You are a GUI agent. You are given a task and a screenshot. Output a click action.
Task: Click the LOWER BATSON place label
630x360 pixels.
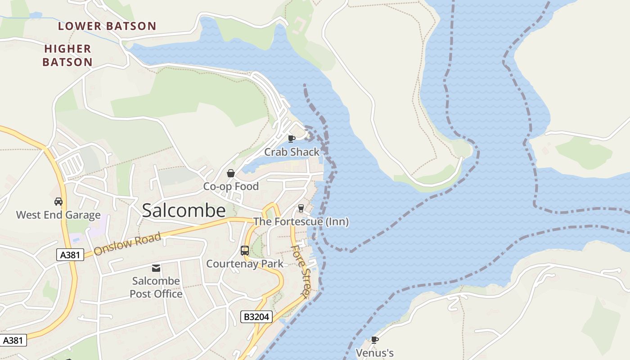(x=107, y=26)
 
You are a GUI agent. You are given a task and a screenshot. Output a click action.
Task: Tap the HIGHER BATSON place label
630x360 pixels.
(x=67, y=55)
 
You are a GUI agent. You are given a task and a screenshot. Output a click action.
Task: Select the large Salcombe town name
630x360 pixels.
(x=184, y=211)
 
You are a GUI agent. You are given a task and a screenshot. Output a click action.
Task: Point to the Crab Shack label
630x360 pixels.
(x=292, y=152)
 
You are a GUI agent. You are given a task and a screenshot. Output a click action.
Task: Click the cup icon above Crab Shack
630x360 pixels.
(x=291, y=139)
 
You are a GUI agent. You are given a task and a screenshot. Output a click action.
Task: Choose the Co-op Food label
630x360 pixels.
(x=231, y=186)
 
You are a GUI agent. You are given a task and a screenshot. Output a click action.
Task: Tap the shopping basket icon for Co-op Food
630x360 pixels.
(x=231, y=173)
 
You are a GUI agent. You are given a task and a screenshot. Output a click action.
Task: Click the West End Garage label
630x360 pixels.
(x=58, y=215)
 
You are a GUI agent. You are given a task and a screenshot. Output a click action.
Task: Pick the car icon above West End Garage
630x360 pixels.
(x=58, y=202)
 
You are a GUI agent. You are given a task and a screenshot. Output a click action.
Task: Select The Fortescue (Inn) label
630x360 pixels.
(x=301, y=221)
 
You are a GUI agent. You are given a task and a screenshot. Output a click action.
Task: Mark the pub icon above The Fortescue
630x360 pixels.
(x=301, y=208)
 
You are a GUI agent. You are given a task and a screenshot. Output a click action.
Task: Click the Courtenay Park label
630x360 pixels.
(x=245, y=264)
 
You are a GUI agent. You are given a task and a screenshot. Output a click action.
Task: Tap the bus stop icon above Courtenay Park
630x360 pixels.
(x=245, y=251)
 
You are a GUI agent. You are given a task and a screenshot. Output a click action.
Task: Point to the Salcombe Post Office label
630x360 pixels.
(x=156, y=287)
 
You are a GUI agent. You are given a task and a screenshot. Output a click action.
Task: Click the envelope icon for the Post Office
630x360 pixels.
(x=156, y=268)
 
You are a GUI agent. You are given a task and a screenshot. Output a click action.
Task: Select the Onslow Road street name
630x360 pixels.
(x=127, y=244)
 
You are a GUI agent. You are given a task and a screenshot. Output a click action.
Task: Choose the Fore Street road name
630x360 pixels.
(x=301, y=271)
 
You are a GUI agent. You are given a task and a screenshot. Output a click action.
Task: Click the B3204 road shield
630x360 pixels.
(x=256, y=317)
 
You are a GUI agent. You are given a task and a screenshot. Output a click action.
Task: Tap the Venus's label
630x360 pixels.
(x=375, y=353)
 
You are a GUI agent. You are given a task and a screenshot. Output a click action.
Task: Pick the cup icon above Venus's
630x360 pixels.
(x=374, y=340)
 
